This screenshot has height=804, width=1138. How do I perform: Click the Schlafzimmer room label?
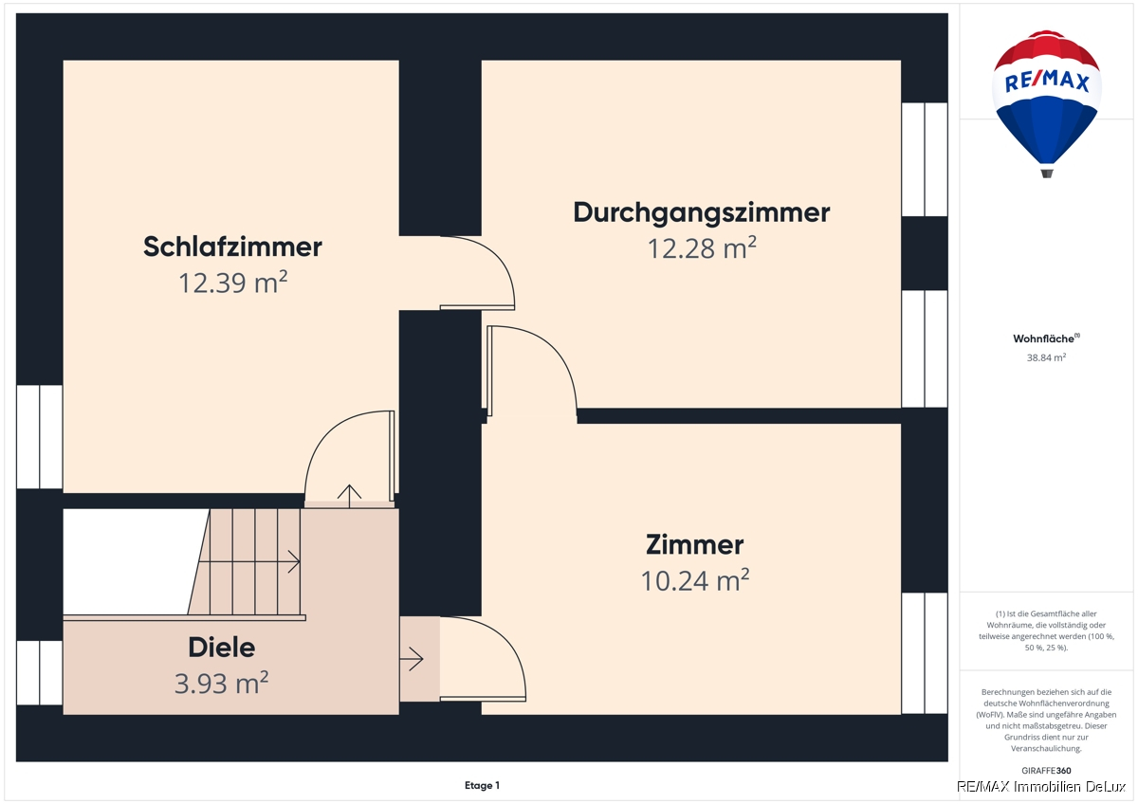click(x=232, y=247)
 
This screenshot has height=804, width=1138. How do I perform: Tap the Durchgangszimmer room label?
click(x=702, y=212)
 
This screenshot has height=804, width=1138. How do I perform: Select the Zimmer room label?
click(x=694, y=544)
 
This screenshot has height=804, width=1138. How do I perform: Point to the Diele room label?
click(x=222, y=648)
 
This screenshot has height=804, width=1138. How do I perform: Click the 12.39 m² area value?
click(x=232, y=283)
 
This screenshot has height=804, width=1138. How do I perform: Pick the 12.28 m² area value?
click(x=702, y=248)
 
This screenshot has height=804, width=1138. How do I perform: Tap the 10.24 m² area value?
click(x=694, y=580)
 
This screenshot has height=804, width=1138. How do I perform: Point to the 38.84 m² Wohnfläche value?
click(x=1046, y=357)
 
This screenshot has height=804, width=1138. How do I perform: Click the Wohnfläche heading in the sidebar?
click(x=1046, y=338)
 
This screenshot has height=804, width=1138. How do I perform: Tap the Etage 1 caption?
click(x=482, y=785)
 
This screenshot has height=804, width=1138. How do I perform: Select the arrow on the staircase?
click(x=248, y=561)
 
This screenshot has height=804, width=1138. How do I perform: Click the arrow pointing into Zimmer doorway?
click(x=412, y=659)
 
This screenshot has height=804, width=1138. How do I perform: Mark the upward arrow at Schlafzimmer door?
click(x=350, y=496)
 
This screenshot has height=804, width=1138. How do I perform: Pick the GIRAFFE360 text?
click(x=1046, y=771)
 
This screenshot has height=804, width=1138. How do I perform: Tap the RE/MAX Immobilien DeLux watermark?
click(x=1041, y=787)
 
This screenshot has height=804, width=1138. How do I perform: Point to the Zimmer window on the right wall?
click(x=925, y=653)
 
